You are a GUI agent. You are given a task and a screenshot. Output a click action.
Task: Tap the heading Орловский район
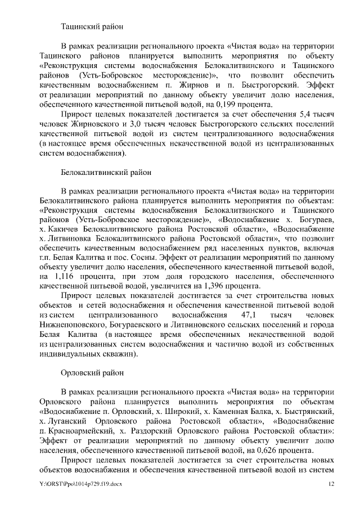[89, 372]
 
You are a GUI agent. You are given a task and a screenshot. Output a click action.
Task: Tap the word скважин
[119, 354]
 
